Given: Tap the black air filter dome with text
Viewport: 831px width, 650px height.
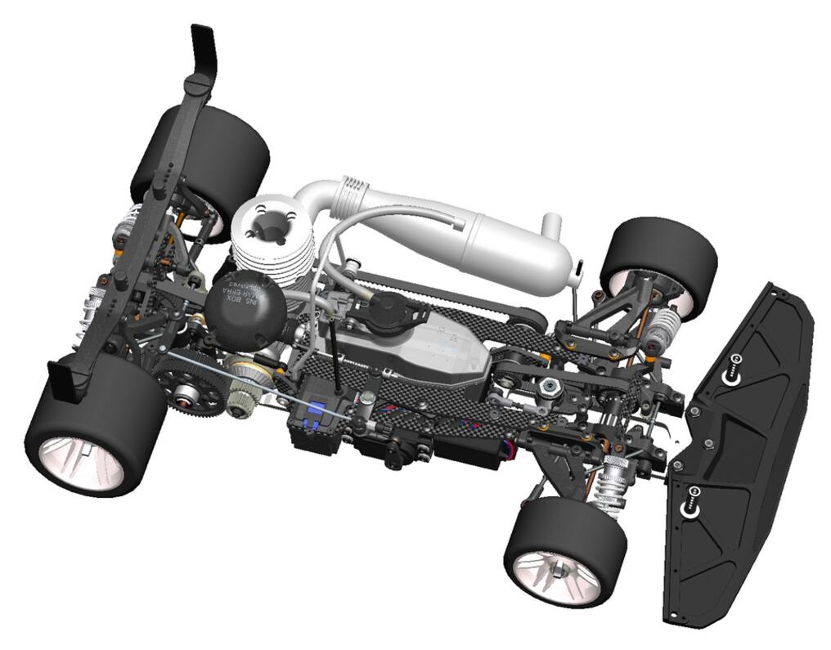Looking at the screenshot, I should tap(245, 303).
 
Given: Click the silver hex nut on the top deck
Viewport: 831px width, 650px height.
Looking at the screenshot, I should tap(551, 385).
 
